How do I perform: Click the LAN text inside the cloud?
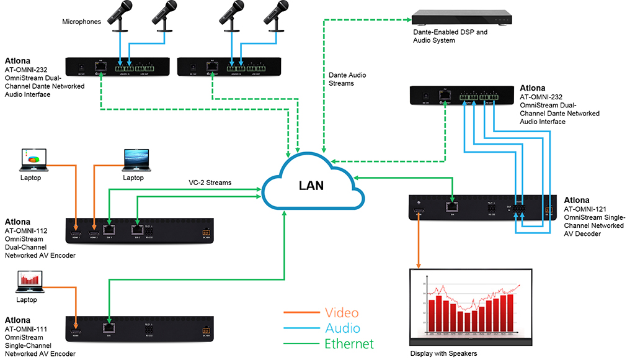(309, 185)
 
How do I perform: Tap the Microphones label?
(81, 22)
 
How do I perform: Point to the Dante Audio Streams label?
(347, 79)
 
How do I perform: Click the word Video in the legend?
(342, 313)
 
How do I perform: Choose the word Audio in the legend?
(342, 328)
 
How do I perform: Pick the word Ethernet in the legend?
(350, 343)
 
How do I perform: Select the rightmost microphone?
(275, 16)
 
